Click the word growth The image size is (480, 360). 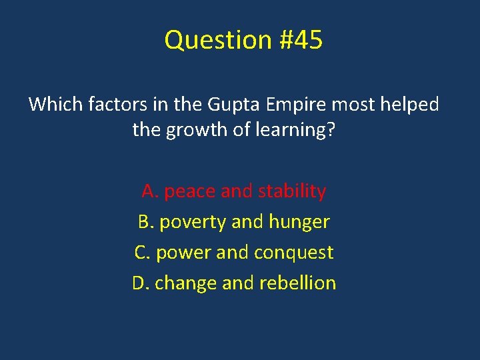point(194,129)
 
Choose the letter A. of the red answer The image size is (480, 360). point(149,191)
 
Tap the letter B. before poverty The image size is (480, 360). point(145,222)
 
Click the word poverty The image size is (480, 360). point(192,222)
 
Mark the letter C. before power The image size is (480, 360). point(142,253)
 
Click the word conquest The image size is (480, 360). point(297,253)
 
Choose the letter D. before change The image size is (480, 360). point(140,283)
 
